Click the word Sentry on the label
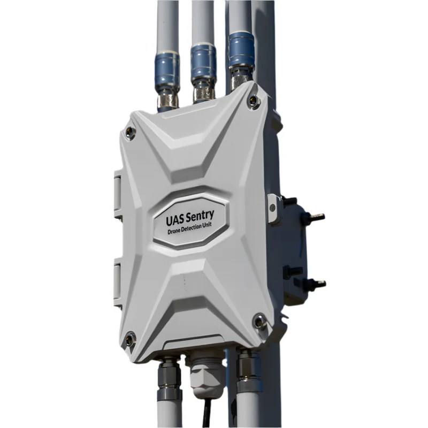200,217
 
